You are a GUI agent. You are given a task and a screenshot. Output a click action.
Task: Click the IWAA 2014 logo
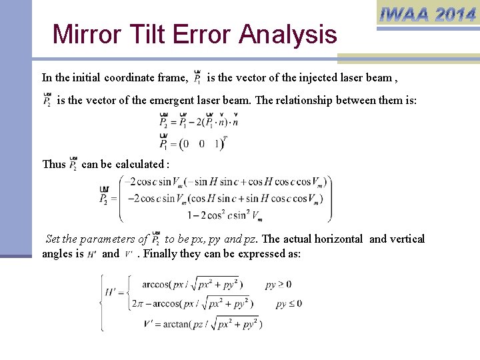(x=427, y=14)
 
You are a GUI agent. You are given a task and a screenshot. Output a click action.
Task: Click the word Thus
(x=54, y=164)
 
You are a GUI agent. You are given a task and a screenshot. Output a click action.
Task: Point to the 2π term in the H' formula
(x=137, y=303)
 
